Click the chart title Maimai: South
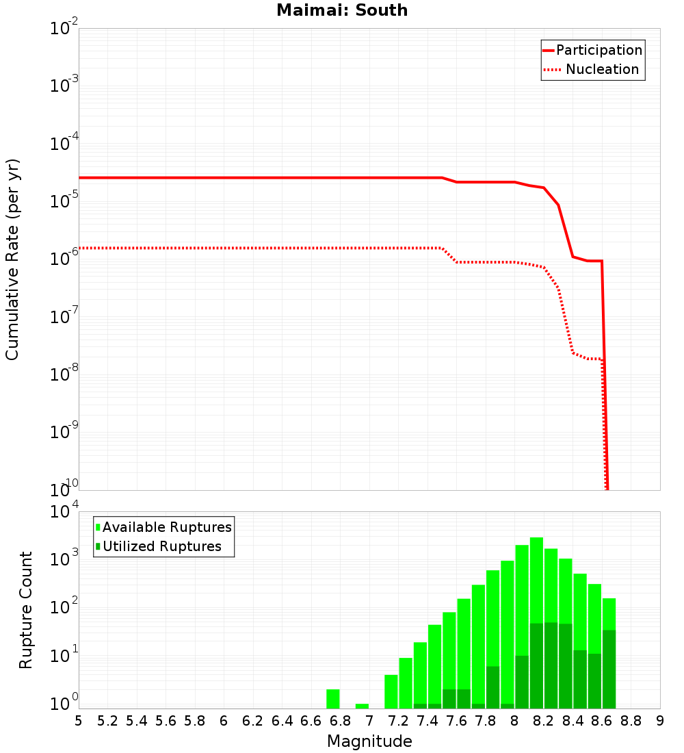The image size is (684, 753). point(342,10)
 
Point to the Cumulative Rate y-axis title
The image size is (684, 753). point(13,259)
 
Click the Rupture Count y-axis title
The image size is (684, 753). point(26,609)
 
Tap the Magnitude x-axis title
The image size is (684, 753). point(369,741)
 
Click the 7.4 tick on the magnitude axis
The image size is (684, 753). point(428,721)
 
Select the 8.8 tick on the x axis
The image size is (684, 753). point(631,721)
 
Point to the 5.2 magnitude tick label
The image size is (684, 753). point(107,721)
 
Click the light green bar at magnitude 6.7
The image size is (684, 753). point(333,699)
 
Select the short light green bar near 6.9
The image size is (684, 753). point(362,706)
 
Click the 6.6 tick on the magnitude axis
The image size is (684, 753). point(311,721)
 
